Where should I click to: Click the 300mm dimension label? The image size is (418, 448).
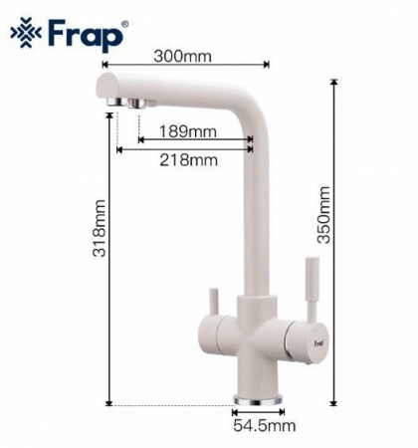182,56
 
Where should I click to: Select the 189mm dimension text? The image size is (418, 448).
188,131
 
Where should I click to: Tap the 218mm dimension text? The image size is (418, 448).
189,160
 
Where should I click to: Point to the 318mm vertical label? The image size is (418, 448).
100,228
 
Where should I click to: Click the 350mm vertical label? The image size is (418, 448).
323,215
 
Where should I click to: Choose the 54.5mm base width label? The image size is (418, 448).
264,425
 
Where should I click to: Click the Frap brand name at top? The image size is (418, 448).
86,35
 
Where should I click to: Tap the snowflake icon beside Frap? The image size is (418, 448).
26,33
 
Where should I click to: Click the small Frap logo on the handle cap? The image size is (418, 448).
318,342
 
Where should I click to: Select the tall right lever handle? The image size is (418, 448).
312,289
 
